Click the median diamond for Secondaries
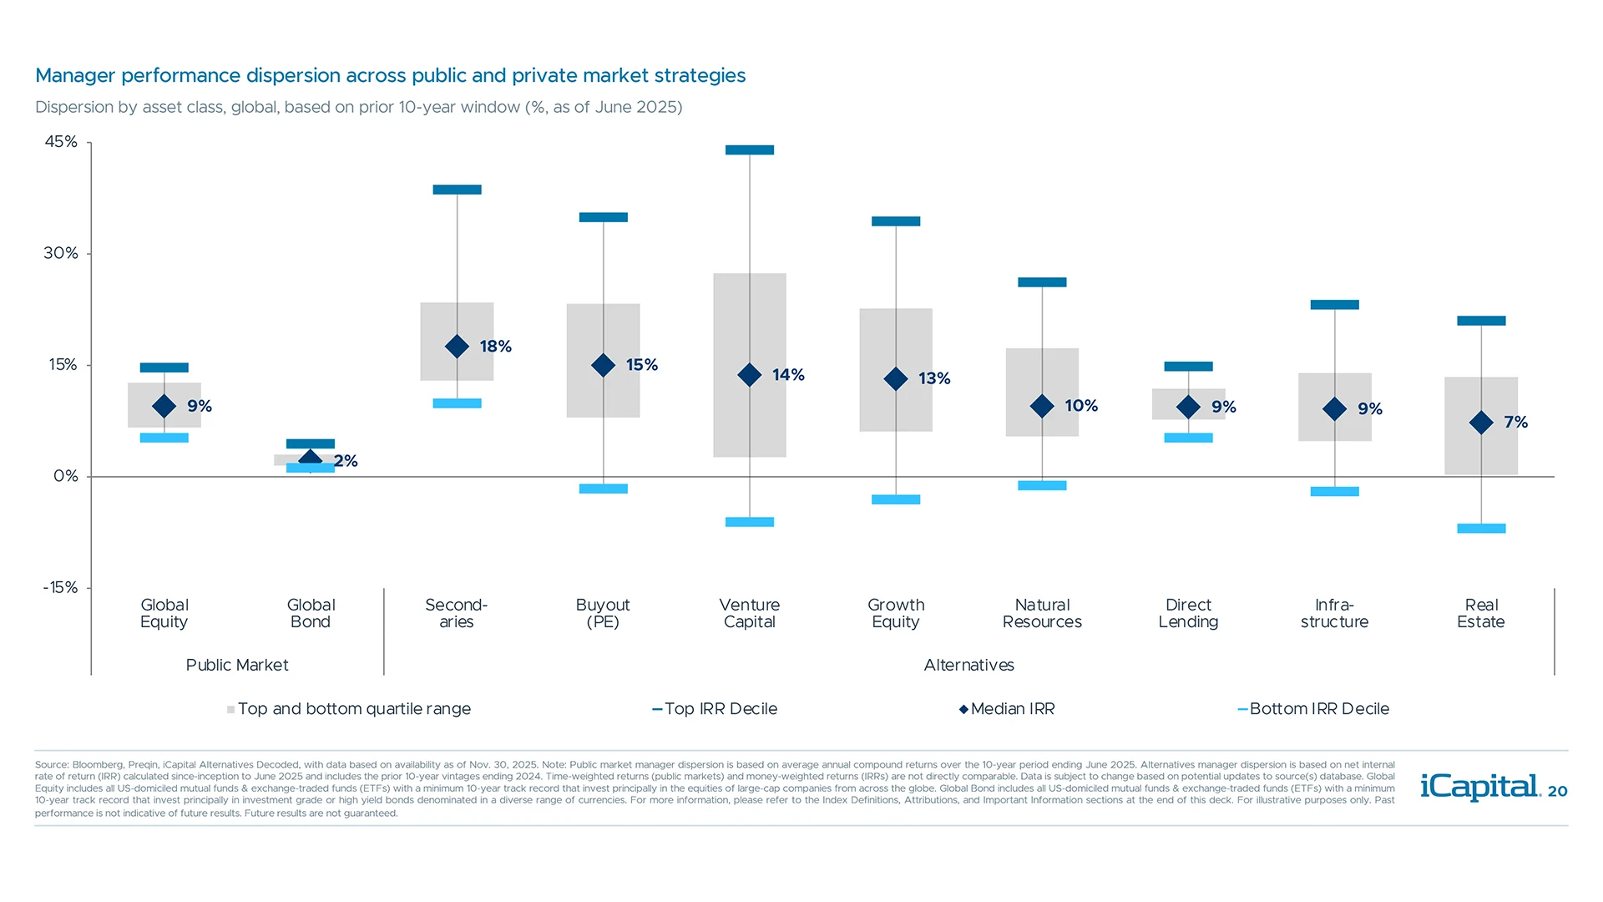457,346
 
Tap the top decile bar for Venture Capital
749,150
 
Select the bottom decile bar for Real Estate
1480,529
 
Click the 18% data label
495,347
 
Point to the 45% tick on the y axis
61,142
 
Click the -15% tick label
60,588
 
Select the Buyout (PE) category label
602,613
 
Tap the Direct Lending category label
1187,613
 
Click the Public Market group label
237,666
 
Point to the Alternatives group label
968,666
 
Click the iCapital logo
1479,787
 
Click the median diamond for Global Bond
310,459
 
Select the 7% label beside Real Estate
1515,423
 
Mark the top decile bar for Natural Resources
1041,282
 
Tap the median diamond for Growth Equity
895,379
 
